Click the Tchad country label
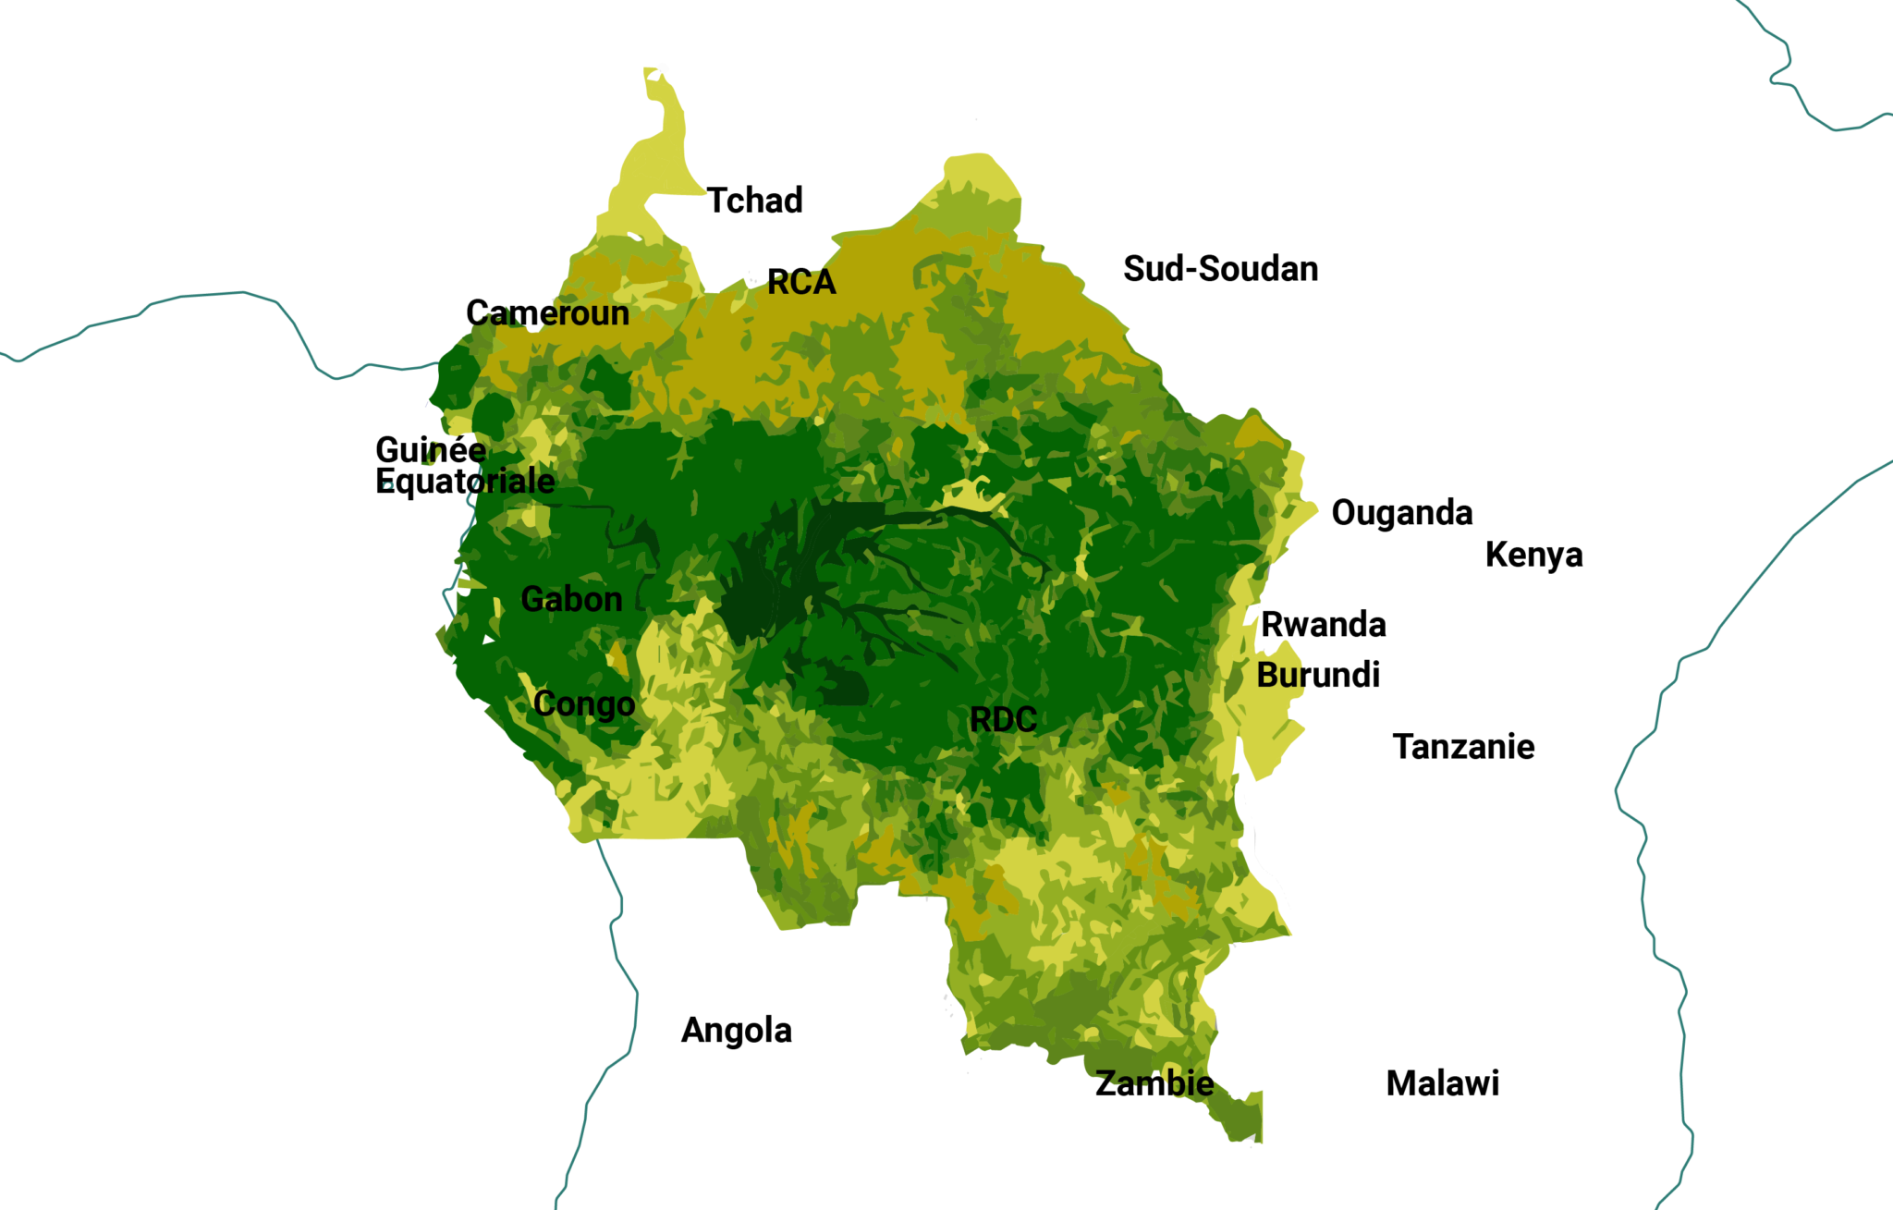[754, 201]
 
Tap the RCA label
[801, 282]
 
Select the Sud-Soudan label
[1220, 269]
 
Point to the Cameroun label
[547, 313]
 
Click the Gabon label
[571, 599]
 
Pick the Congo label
[584, 704]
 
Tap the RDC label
[1003, 720]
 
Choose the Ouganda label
[1401, 513]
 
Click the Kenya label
[1533, 555]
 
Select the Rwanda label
[1323, 625]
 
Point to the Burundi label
[1318, 676]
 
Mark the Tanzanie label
[1463, 747]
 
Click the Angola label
[736, 1031]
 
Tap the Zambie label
[1154, 1083]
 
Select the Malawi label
[1442, 1083]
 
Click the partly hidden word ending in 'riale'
[513, 482]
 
